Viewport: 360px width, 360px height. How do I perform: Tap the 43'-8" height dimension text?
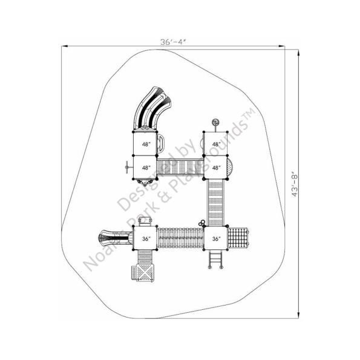click(294, 185)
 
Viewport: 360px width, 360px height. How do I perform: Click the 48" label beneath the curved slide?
click(146, 145)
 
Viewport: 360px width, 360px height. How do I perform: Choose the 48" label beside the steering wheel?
click(146, 168)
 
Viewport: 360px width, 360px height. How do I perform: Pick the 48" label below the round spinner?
click(216, 145)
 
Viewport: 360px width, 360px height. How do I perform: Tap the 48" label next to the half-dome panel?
click(216, 168)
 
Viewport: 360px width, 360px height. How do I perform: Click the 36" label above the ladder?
click(216, 239)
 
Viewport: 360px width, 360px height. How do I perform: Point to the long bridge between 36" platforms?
click(181, 238)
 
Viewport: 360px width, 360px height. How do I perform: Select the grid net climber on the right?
click(241, 238)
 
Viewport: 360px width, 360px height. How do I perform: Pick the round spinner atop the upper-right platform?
click(215, 123)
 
